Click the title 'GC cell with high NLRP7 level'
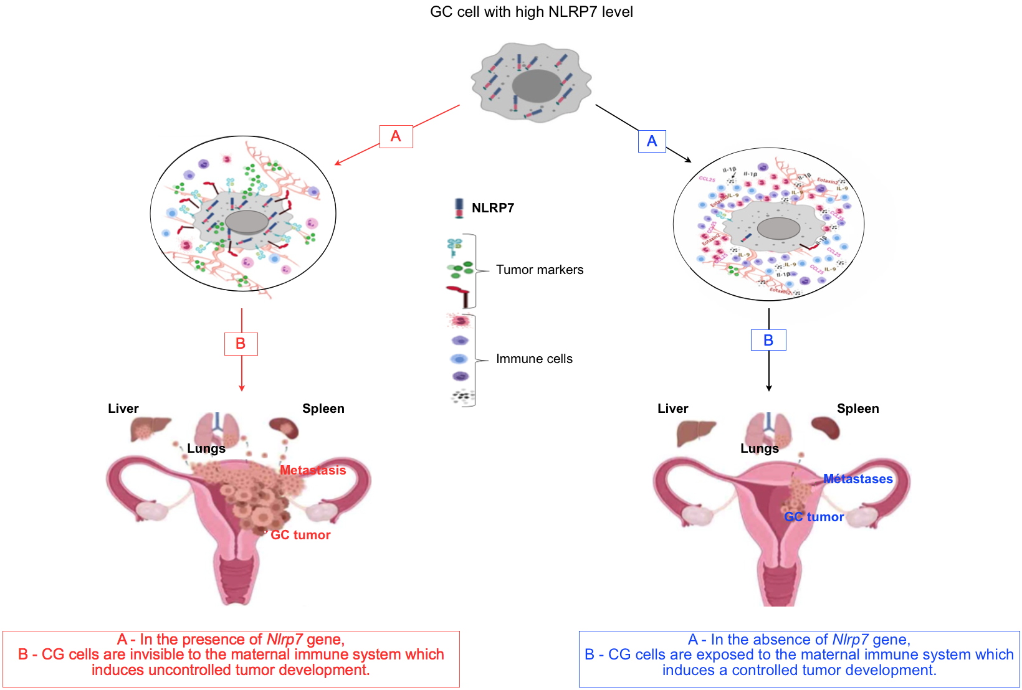531,12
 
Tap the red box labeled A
396,136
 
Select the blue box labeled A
652,141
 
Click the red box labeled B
241,344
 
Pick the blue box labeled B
768,340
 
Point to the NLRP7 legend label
492,208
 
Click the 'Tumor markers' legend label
540,270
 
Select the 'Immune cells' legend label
534,359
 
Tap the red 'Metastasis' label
313,470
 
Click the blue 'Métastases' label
857,479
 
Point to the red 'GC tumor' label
300,535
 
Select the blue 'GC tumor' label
814,517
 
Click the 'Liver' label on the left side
123,409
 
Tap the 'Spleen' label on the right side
857,409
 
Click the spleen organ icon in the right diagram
825,427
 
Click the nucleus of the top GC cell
536,85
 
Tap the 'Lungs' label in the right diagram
759,448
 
